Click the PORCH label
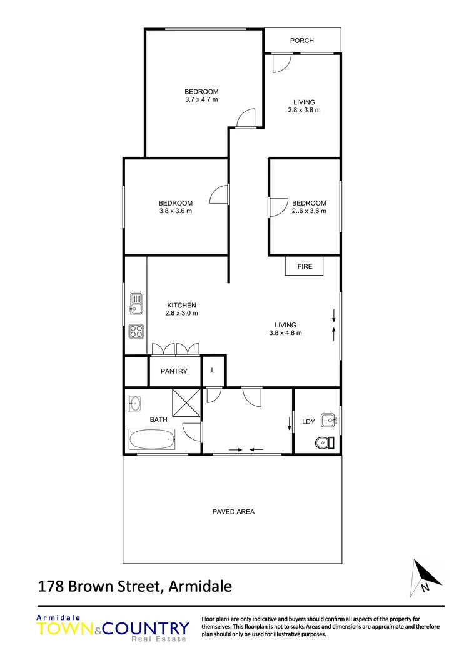[x=302, y=41]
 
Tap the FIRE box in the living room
[x=305, y=266]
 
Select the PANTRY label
[x=174, y=371]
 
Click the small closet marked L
[x=213, y=371]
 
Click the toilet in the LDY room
[x=322, y=442]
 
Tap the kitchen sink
[x=135, y=304]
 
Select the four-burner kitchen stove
[x=135, y=331]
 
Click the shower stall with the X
[x=186, y=402]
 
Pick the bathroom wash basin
[x=134, y=404]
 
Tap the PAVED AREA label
[x=233, y=512]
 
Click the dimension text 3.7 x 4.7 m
[x=201, y=100]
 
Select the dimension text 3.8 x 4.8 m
[x=285, y=333]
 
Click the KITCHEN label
[x=181, y=305]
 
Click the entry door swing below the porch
[x=281, y=63]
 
